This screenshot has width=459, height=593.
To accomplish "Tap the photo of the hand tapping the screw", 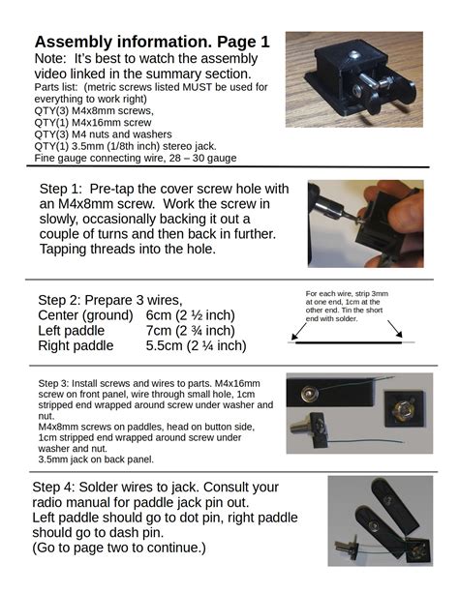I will pyautogui.click(x=366, y=223).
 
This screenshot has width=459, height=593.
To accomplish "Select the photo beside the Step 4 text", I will pyautogui.click(x=379, y=519).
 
